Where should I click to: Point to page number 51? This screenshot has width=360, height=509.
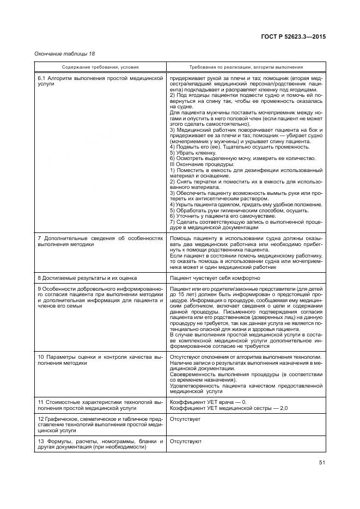[321, 463]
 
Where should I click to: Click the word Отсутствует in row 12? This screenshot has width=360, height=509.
[185, 419]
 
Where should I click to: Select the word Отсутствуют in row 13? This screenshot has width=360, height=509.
[186, 441]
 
